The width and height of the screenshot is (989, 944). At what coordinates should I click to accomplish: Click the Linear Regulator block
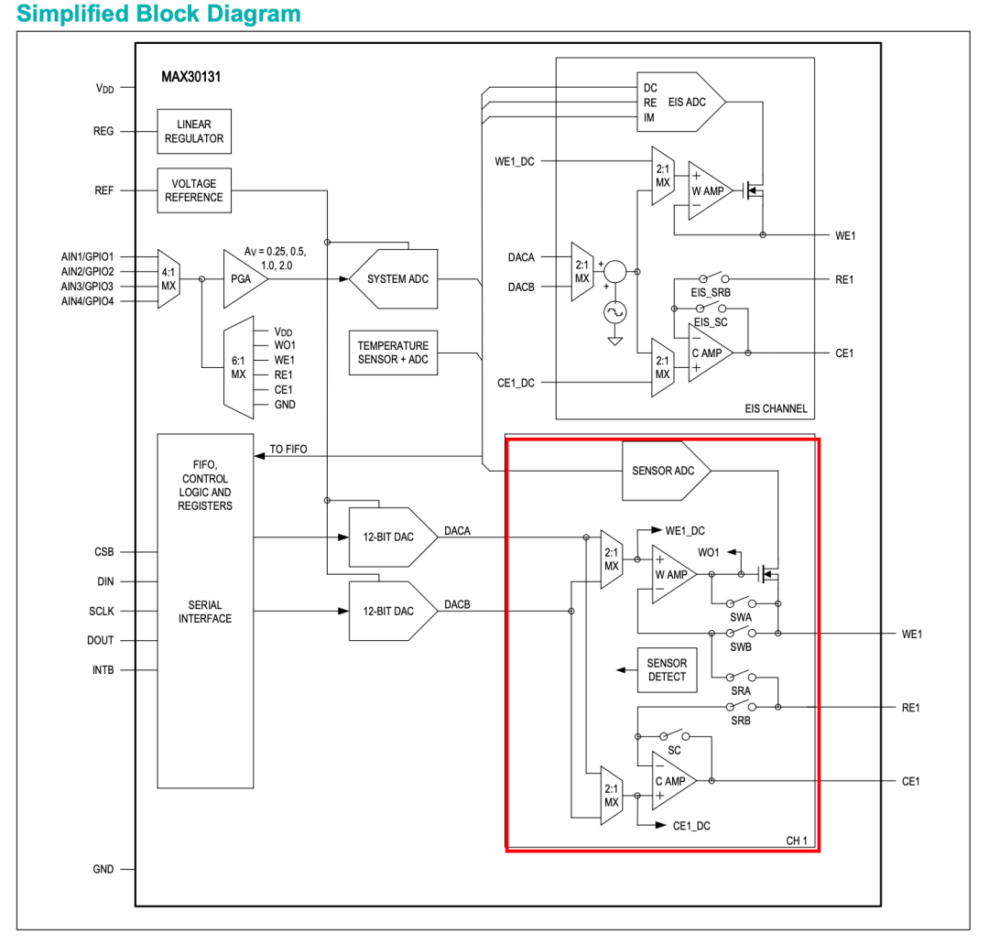click(194, 131)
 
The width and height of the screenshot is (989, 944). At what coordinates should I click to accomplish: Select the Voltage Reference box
click(194, 190)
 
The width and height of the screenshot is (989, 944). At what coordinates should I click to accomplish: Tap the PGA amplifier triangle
click(245, 278)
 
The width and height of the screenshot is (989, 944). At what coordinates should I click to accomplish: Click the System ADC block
click(394, 278)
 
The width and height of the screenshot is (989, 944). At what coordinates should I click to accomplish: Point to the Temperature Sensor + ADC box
click(393, 353)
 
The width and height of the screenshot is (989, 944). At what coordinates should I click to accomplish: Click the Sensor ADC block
click(666, 471)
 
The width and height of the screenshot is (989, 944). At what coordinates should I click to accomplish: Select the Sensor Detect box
click(667, 669)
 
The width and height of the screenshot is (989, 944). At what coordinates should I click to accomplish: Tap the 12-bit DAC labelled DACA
click(393, 537)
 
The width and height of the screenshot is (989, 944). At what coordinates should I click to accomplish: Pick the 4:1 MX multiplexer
click(168, 278)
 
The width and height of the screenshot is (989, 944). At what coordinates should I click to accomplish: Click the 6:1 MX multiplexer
click(239, 368)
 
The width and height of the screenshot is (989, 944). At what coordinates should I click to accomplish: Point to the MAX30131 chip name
click(191, 77)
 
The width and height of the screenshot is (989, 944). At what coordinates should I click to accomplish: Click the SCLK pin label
click(102, 611)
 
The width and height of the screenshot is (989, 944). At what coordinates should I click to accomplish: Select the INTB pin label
click(103, 669)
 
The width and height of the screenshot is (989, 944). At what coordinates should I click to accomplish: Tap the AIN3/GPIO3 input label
click(88, 287)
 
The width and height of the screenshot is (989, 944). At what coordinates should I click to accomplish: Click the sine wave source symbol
click(615, 312)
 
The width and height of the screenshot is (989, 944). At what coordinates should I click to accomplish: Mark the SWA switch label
click(741, 617)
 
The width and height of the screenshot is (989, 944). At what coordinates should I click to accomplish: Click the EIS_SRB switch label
click(711, 293)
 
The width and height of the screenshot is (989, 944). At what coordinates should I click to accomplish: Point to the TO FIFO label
click(288, 449)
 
